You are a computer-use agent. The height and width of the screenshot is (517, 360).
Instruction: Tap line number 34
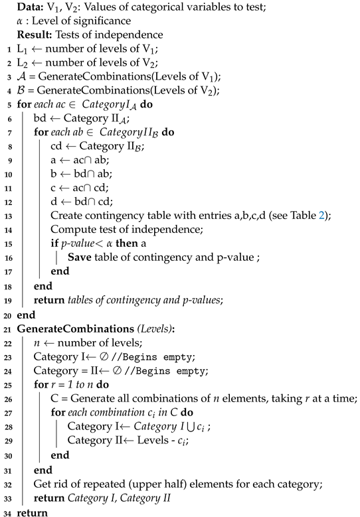pyautogui.click(x=5, y=512)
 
